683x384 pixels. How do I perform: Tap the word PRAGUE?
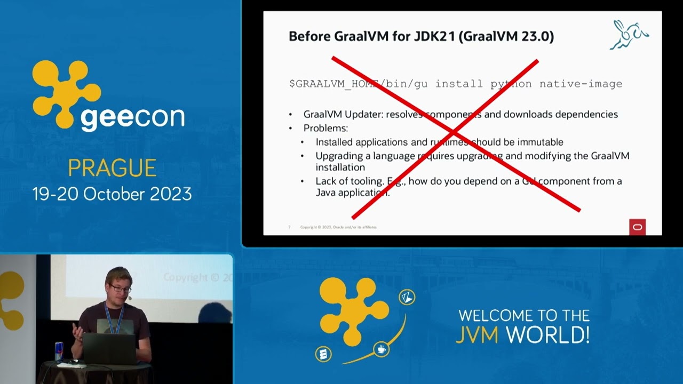(x=112, y=168)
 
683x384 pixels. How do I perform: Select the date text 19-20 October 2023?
(x=112, y=194)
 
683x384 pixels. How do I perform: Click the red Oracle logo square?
(x=637, y=227)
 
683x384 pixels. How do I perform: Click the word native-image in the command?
(x=581, y=84)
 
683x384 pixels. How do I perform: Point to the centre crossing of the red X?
(x=452, y=132)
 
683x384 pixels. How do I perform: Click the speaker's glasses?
(x=121, y=289)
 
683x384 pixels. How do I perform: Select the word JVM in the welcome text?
(x=477, y=334)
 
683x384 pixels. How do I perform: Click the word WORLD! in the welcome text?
(x=547, y=334)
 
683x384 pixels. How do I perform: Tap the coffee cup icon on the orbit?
(x=381, y=349)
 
